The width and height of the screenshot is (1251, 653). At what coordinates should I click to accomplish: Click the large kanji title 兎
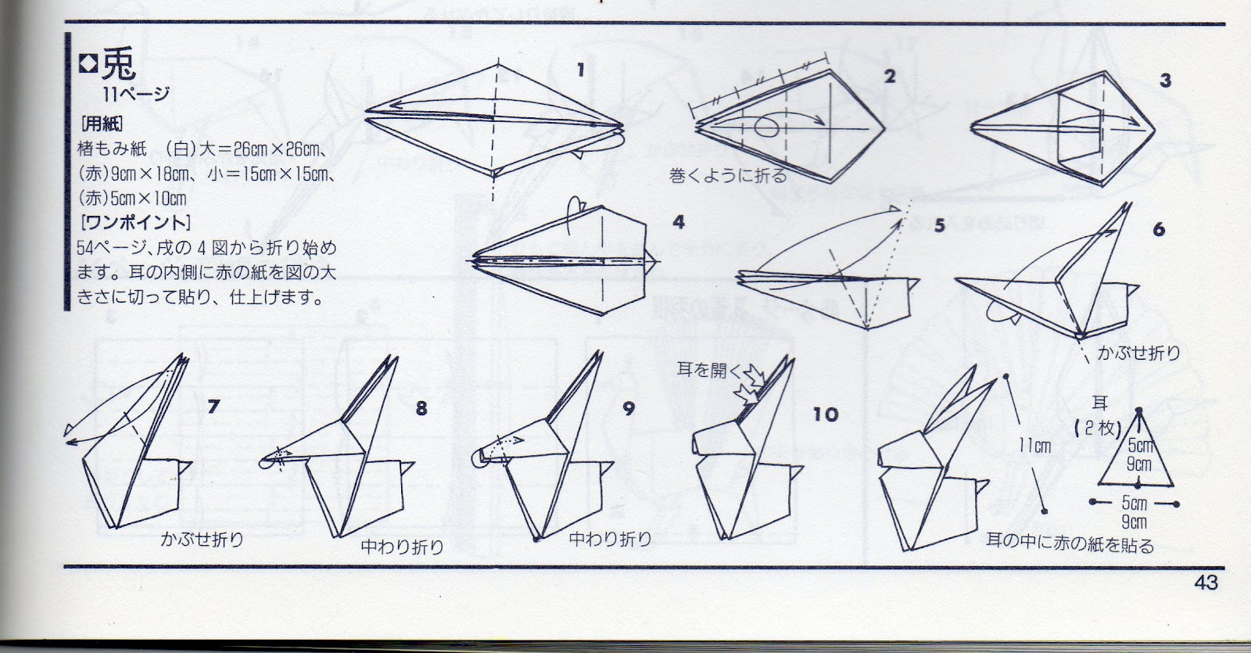[x=118, y=64]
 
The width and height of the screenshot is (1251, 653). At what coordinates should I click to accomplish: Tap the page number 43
[x=1206, y=583]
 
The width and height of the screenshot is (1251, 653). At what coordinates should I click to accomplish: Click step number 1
[x=581, y=70]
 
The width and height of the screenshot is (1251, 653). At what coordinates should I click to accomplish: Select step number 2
[x=890, y=76]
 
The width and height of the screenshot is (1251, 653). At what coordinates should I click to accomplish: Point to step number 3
[x=1165, y=81]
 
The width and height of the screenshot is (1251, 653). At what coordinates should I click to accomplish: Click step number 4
[x=678, y=222]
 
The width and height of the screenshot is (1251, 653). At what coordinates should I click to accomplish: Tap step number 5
[x=939, y=225]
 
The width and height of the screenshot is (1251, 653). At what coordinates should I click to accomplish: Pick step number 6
[x=1159, y=229]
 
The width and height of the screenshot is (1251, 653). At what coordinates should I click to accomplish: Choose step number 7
[x=213, y=407]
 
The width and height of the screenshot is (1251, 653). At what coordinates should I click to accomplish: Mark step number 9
[x=629, y=409]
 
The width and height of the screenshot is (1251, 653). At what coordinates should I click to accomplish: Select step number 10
[x=826, y=414]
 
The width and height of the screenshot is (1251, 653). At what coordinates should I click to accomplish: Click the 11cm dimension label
[x=1035, y=446]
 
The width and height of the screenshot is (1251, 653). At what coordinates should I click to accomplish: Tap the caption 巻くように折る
[x=728, y=176]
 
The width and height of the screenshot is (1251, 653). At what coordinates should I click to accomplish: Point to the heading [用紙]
[x=102, y=123]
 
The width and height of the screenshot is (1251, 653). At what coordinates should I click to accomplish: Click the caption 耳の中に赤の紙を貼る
[x=1070, y=543]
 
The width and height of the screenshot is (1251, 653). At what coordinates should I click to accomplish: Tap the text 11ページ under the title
[x=136, y=94]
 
